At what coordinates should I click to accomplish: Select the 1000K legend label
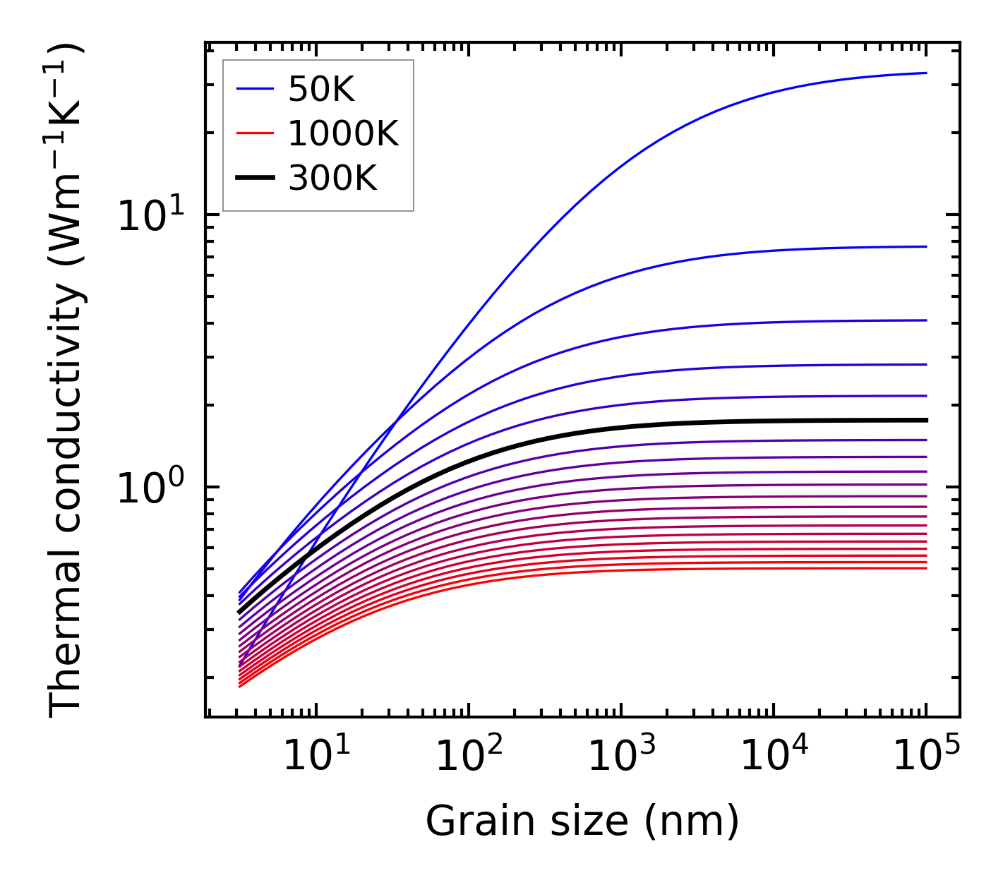(344, 133)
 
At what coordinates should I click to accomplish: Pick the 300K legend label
(333, 179)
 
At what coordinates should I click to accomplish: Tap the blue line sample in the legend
(255, 89)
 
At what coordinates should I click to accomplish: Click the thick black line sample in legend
(255, 179)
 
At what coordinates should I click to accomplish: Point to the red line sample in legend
(255, 133)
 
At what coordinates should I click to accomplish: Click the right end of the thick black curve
(925, 420)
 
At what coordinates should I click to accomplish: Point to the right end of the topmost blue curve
(925, 73)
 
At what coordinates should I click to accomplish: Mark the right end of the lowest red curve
(925, 568)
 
